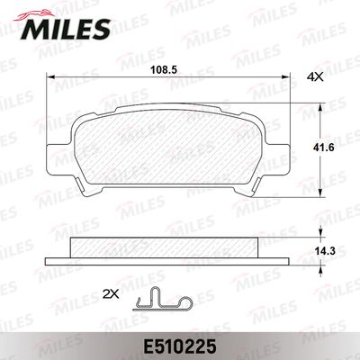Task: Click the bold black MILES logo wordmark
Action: tap(66, 29)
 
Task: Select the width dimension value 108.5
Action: tap(164, 70)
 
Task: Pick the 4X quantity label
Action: tap(315, 77)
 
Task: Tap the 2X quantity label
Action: tap(111, 294)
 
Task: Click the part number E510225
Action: tap(180, 347)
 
